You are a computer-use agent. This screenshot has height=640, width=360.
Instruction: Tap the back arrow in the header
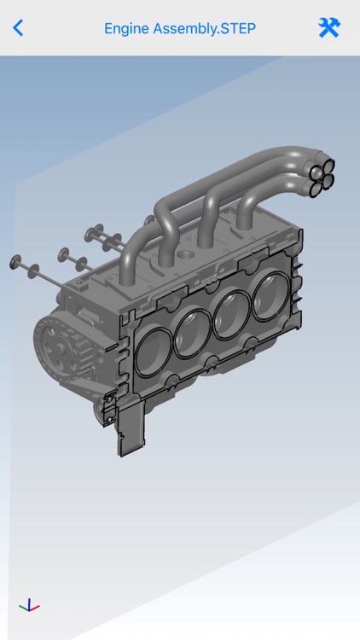tap(18, 27)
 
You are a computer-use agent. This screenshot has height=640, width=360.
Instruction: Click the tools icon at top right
tap(328, 27)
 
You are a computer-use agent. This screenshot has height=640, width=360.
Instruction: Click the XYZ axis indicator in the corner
tap(29, 606)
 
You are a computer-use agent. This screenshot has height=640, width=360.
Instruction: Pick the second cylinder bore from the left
tap(193, 333)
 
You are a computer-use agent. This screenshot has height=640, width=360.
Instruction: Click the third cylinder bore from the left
tap(231, 316)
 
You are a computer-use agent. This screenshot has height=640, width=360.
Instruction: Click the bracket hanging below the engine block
tap(127, 431)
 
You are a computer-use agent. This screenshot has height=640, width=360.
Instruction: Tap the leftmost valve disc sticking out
tap(15, 259)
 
